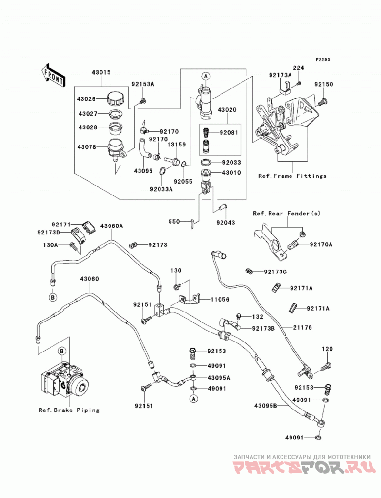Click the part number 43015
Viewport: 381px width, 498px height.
[x=101, y=72]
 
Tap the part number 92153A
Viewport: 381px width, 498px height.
[x=143, y=84]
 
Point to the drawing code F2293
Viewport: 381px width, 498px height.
[x=323, y=59]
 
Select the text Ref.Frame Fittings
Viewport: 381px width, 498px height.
[x=292, y=176]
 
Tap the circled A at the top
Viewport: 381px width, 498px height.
[x=206, y=76]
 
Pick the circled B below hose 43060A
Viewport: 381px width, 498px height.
[x=53, y=297]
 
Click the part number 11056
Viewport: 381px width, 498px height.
[x=220, y=300]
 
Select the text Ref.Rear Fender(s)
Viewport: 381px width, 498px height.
[x=287, y=214]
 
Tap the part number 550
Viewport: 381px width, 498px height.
[x=174, y=221]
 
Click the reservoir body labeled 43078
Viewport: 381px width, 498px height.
[x=115, y=148]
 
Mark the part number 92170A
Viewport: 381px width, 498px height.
[x=321, y=244]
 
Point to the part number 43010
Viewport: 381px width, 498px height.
[x=231, y=173]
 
